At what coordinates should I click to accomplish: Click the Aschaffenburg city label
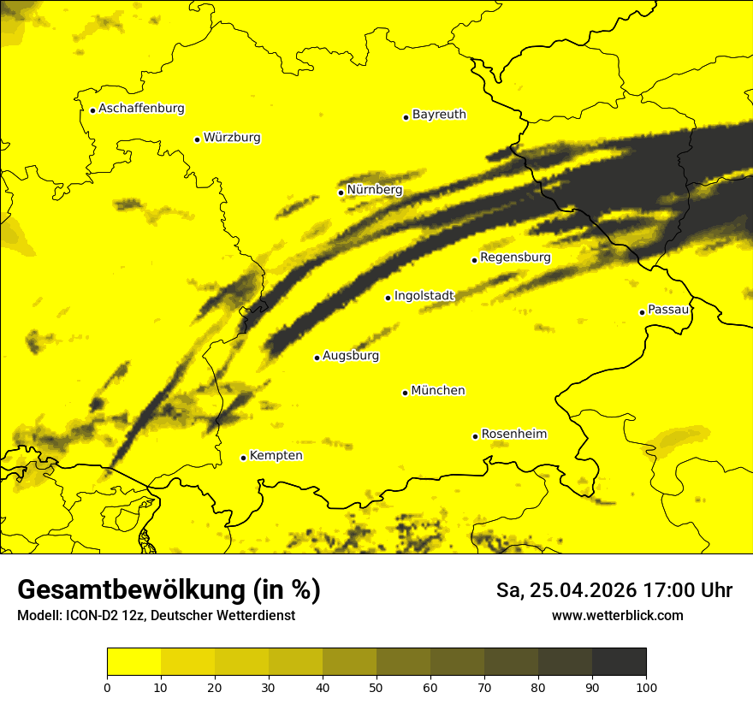(141, 109)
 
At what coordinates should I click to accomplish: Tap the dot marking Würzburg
(197, 139)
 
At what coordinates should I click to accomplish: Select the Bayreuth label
(439, 114)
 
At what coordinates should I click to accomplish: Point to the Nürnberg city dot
(341, 192)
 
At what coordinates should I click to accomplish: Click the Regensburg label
(515, 257)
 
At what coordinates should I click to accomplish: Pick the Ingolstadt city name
(424, 295)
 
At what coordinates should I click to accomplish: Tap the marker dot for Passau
(642, 312)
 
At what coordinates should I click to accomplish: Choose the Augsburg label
(351, 355)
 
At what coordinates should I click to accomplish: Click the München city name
(438, 390)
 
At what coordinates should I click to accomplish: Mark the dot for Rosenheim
(475, 436)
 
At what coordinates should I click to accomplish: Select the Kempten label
(276, 455)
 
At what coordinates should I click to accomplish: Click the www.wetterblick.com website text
(617, 615)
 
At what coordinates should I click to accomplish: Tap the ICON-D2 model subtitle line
(156, 615)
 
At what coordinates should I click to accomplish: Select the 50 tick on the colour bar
(376, 686)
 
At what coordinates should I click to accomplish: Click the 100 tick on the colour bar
(646, 686)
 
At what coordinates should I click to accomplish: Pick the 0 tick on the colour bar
(107, 686)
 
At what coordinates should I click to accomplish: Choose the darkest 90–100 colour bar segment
(619, 662)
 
